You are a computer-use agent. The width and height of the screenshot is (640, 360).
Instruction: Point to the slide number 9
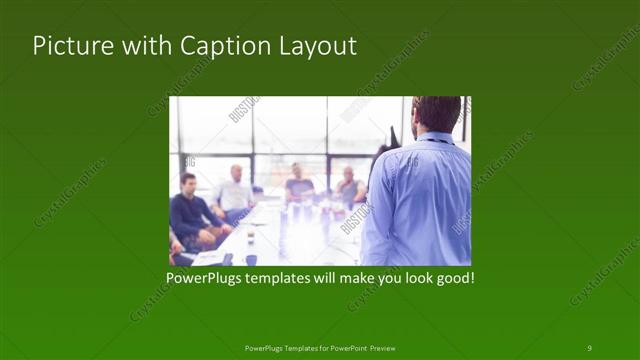[589, 347]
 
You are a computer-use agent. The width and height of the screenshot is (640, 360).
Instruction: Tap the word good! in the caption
[454, 276]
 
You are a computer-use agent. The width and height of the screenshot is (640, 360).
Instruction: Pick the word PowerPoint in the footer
[345, 348]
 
